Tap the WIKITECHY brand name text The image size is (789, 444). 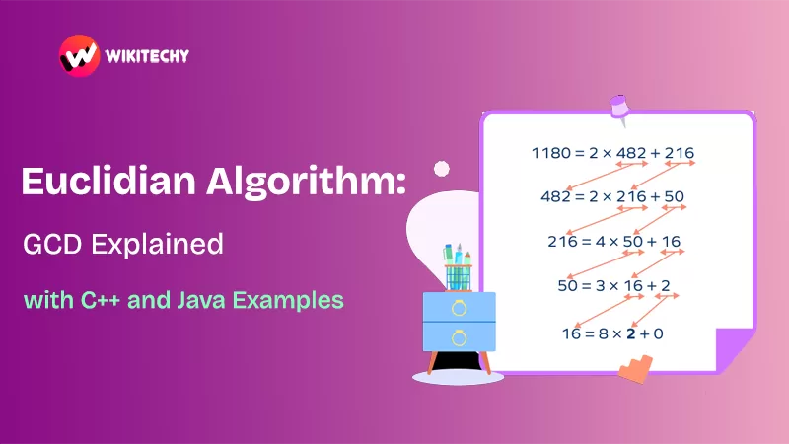click(148, 56)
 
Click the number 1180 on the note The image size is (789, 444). click(550, 153)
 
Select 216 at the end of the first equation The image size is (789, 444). click(680, 153)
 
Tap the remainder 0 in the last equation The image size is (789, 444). click(658, 333)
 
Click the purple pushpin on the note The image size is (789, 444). click(618, 106)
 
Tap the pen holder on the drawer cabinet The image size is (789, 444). click(457, 264)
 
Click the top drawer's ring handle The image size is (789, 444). click(459, 307)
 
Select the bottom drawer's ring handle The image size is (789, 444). click(459, 338)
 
